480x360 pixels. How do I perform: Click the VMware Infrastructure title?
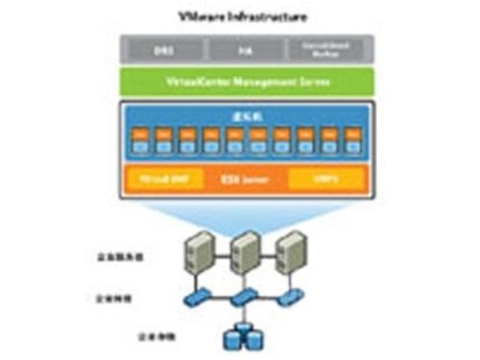tap(240, 16)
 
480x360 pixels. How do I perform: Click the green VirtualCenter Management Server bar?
tap(240, 82)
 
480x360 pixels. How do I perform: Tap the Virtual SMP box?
tap(159, 179)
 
